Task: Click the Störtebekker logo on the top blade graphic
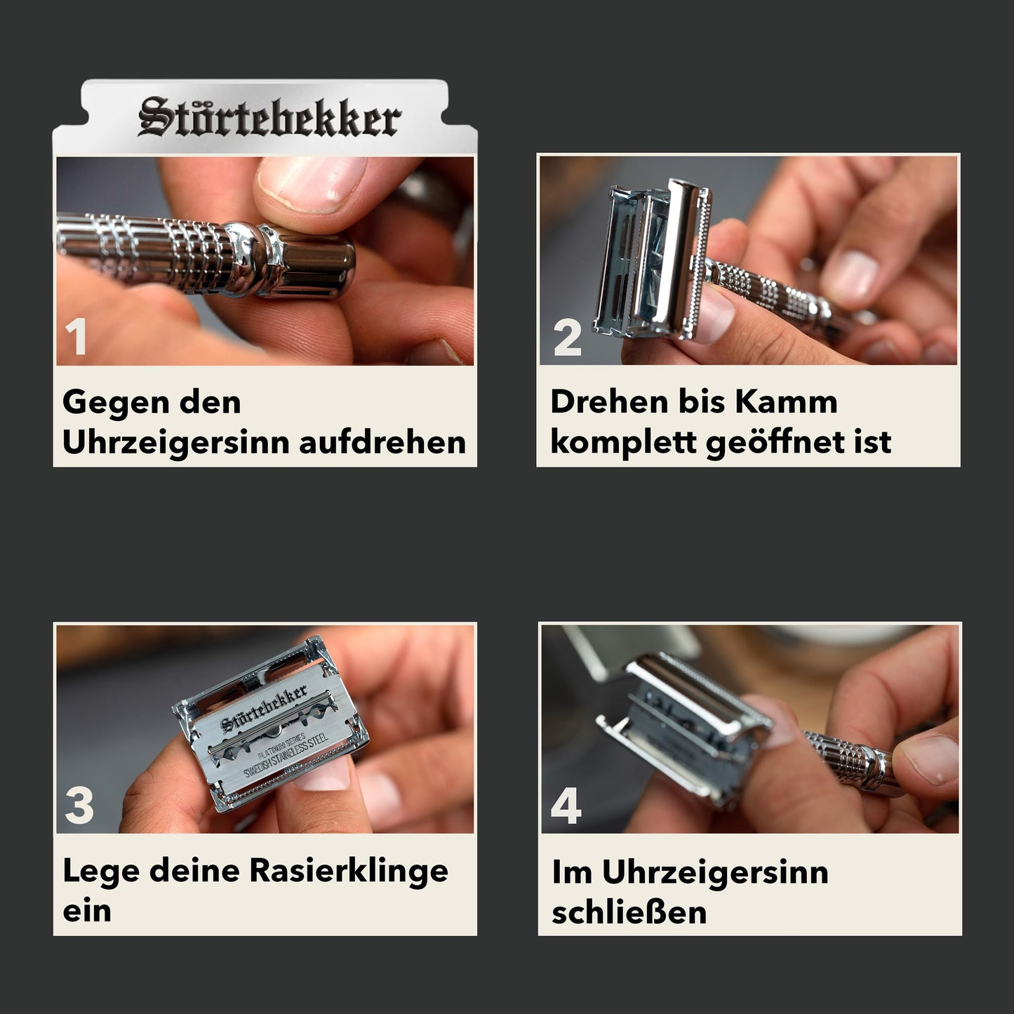(270, 116)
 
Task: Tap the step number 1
(76, 337)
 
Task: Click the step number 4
(566, 805)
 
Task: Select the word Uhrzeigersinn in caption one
(176, 443)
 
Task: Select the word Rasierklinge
(349, 872)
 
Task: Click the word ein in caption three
(87, 911)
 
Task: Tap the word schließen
(629, 912)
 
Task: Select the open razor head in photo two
(653, 260)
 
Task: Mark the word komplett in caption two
(624, 443)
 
